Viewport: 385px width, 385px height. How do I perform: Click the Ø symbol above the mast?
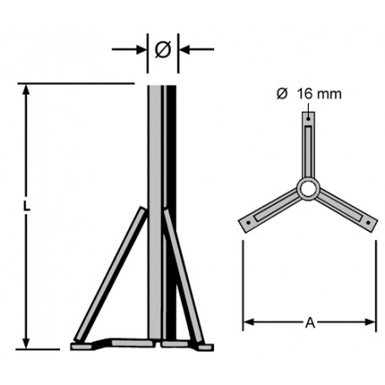[163, 50]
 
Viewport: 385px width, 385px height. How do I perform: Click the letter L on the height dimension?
[28, 206]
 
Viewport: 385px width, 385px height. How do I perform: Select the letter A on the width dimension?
[310, 322]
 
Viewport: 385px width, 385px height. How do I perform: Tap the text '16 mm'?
[319, 94]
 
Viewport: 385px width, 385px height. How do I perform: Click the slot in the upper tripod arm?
[309, 140]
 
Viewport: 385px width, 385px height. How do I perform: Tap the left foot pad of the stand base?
[85, 345]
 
